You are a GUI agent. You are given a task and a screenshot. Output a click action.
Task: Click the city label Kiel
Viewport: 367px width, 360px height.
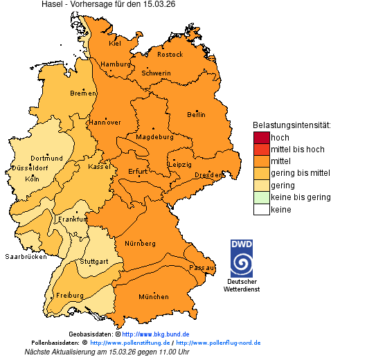pyautogui.click(x=115, y=44)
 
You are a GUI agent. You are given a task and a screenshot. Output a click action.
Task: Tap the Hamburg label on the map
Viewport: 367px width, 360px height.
pyautogui.click(x=116, y=64)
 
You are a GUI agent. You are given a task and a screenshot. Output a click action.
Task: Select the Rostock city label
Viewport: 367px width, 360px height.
pyautogui.click(x=170, y=54)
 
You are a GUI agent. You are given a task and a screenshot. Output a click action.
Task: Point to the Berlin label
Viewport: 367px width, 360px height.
pyautogui.click(x=196, y=114)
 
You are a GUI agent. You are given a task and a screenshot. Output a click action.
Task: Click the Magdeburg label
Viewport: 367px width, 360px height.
pyautogui.click(x=154, y=137)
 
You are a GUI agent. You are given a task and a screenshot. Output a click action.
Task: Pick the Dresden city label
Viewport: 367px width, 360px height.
pyautogui.click(x=208, y=175)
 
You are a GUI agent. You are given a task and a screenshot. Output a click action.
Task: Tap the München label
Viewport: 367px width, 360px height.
pyautogui.click(x=154, y=296)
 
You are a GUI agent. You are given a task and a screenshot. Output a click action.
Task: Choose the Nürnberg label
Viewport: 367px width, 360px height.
pyautogui.click(x=140, y=244)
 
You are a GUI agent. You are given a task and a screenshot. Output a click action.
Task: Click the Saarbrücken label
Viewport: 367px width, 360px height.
pyautogui.click(x=26, y=256)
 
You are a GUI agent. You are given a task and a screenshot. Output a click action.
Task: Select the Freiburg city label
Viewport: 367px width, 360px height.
pyautogui.click(x=70, y=295)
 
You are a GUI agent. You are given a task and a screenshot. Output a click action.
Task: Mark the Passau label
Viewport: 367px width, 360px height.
pyautogui.click(x=202, y=267)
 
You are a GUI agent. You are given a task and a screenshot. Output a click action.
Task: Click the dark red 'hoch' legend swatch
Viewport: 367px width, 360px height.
pyautogui.click(x=261, y=137)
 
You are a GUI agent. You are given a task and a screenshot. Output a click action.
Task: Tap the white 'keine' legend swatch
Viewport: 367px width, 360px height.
pyautogui.click(x=261, y=209)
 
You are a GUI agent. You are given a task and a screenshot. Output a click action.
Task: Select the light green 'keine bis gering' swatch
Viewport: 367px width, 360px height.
pyautogui.click(x=261, y=197)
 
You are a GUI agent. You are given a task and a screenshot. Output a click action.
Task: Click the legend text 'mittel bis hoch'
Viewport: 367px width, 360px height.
pyautogui.click(x=297, y=149)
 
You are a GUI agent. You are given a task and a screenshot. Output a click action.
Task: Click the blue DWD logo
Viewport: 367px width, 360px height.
pyautogui.click(x=242, y=258)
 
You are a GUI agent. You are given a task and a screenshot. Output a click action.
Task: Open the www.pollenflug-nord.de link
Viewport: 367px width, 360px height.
pyautogui.click(x=218, y=343)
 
